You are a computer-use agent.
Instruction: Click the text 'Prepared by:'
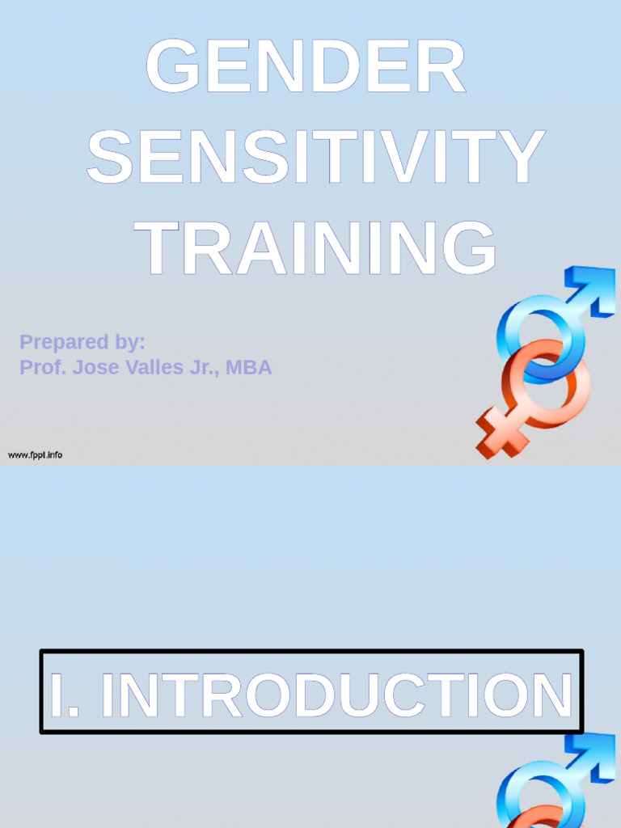tap(82, 342)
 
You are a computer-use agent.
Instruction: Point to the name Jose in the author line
tap(95, 368)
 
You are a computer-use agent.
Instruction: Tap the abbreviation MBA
tap(249, 368)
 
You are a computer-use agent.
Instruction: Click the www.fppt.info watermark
tap(35, 455)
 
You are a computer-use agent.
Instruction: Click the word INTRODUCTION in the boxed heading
tap(336, 695)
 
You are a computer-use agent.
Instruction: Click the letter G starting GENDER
tap(173, 68)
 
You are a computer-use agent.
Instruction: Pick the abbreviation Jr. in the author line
tap(205, 368)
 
